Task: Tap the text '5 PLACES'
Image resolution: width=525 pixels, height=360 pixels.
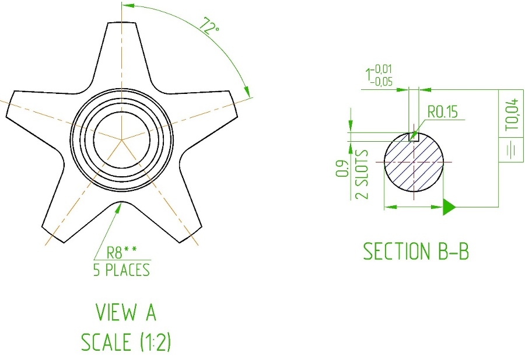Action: click(x=121, y=270)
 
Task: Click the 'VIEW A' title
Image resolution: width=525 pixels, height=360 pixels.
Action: click(x=126, y=312)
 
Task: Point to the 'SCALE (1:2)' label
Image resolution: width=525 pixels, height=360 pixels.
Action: click(x=126, y=342)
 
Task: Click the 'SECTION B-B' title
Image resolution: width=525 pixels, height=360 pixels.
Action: click(x=416, y=251)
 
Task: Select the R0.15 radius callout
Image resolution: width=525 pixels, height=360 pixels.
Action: click(x=443, y=112)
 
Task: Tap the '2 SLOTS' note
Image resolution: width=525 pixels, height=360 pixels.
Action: click(x=362, y=174)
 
